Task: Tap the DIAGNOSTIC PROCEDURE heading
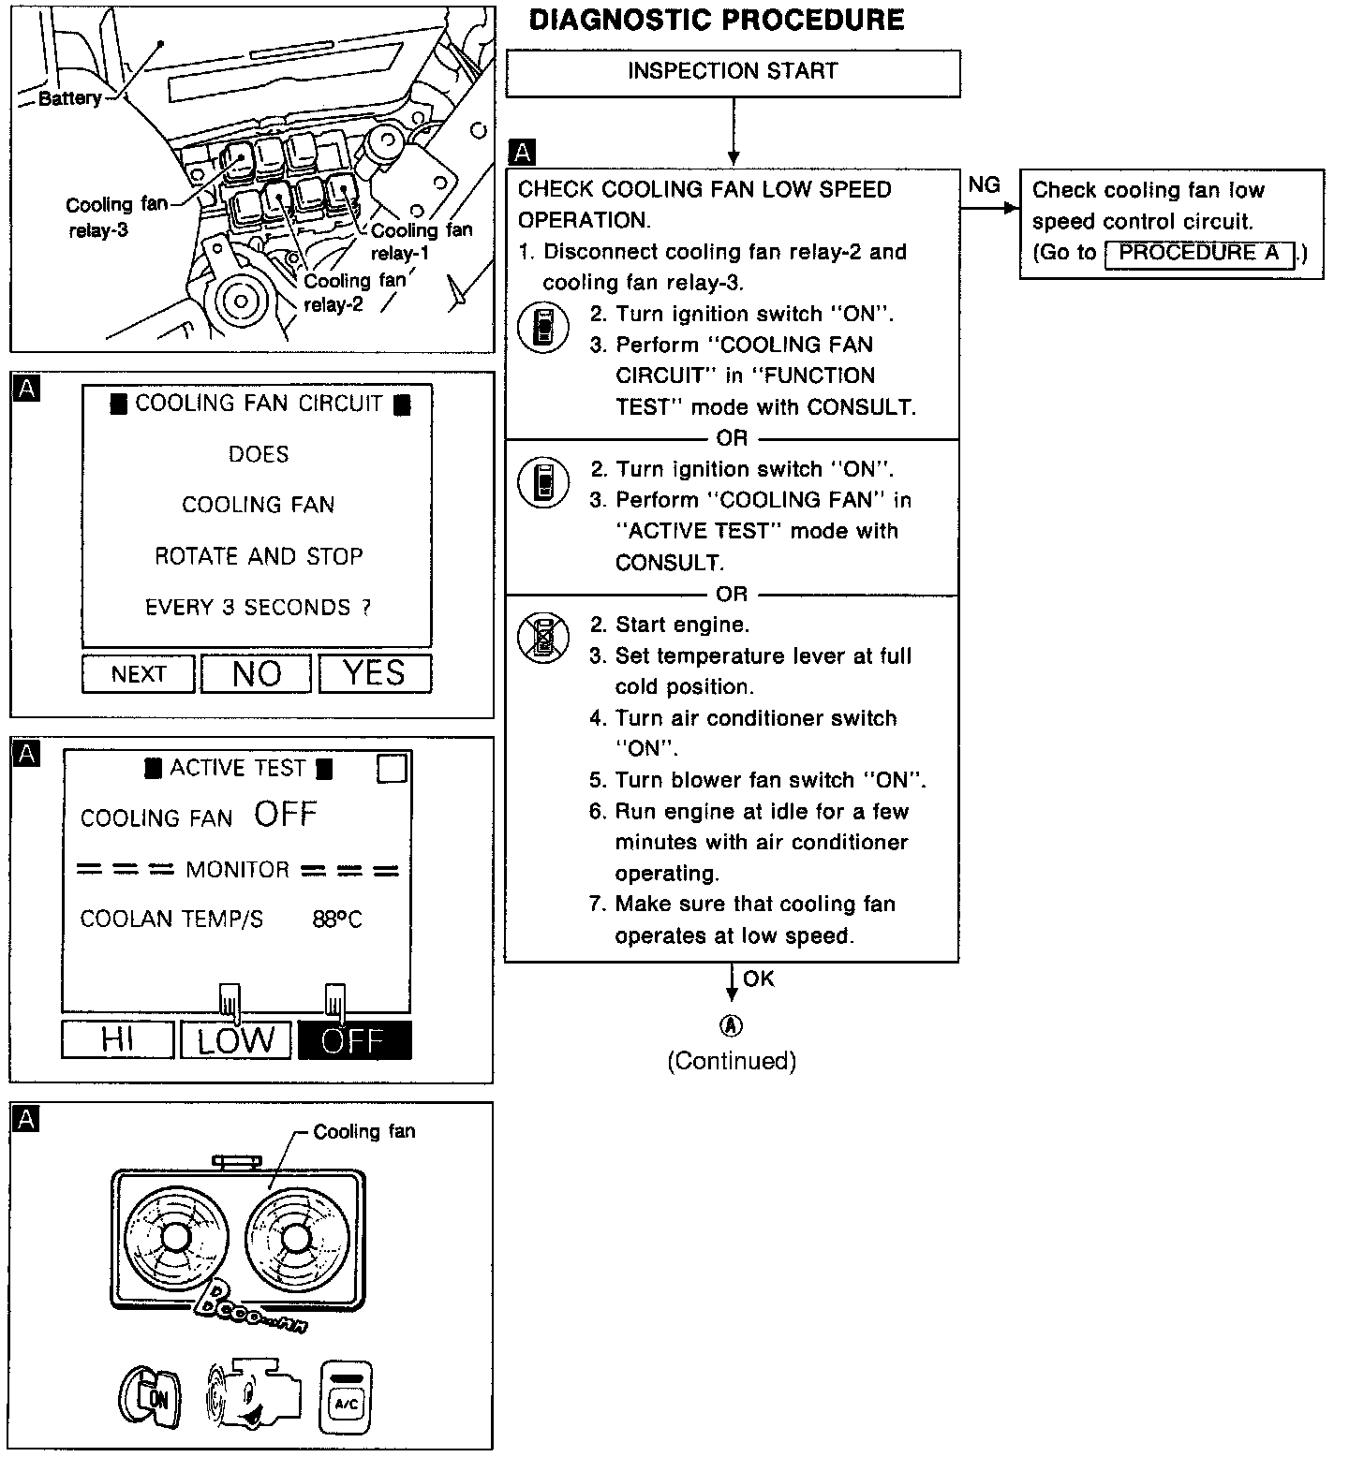click(x=717, y=21)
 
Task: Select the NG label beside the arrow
click(x=984, y=185)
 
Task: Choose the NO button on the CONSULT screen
click(x=257, y=673)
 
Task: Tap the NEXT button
click(x=139, y=674)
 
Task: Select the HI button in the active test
click(x=118, y=1040)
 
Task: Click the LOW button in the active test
click(x=236, y=1040)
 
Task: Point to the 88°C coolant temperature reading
click(x=337, y=920)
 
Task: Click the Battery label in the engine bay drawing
click(x=70, y=98)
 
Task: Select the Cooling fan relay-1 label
click(x=421, y=242)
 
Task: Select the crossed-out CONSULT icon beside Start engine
click(x=543, y=639)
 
